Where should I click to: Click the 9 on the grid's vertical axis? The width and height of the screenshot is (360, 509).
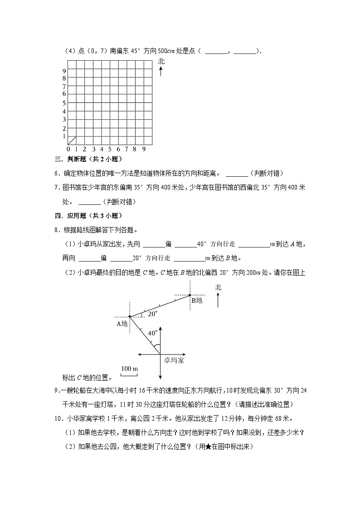coord(64,71)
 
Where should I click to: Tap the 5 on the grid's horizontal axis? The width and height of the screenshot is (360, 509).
coord(110,149)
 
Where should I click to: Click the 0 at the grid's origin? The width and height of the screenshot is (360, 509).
coord(68,149)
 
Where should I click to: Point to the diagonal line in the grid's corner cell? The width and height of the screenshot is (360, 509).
coord(72,141)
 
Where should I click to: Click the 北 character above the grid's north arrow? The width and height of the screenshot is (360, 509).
coord(161,61)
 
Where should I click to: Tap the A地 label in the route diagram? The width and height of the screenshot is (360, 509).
coord(122,324)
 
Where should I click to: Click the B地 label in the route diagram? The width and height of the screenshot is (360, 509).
coord(197,301)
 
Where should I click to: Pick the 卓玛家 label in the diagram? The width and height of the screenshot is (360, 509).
coord(174,361)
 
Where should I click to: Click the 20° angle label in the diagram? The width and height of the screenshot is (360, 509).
coord(153,313)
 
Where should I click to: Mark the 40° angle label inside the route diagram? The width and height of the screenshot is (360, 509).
coord(153,333)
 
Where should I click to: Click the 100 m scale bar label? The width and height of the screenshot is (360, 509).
coord(129,368)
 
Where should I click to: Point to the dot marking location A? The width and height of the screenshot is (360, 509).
coord(130,316)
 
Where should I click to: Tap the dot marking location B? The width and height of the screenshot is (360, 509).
coord(190,295)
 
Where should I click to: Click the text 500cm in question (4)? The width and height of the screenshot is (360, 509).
coord(160,51)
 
